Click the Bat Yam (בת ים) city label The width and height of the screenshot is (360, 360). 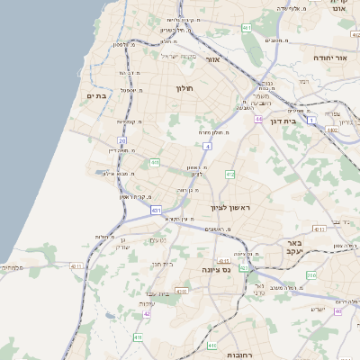pyautogui.click(x=97, y=94)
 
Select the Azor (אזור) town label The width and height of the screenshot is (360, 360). pyautogui.click(x=213, y=59)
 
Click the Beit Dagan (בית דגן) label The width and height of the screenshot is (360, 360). pyautogui.click(x=283, y=121)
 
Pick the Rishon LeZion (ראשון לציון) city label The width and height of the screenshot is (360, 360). pyautogui.click(x=235, y=208)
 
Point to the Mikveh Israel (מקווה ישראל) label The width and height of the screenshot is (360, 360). pyautogui.click(x=178, y=56)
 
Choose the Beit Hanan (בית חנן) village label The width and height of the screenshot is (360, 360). pyautogui.click(x=160, y=265)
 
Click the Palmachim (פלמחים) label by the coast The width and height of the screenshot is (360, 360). pyautogui.click(x=13, y=267)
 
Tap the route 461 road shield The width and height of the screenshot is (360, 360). pyautogui.click(x=247, y=29)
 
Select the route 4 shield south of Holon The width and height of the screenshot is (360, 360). pyautogui.click(x=207, y=145)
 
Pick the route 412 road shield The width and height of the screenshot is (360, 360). pyautogui.click(x=229, y=174)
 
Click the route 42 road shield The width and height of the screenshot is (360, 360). pyautogui.click(x=147, y=314)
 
